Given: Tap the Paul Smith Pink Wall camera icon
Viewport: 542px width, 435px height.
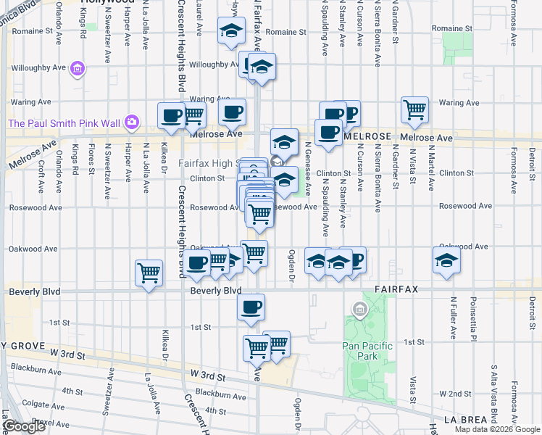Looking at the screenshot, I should pyautogui.click(x=132, y=123).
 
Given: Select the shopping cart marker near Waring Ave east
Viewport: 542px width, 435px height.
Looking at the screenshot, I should pyautogui.click(x=415, y=110).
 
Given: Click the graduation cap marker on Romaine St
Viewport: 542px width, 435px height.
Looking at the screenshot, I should pyautogui.click(x=231, y=31).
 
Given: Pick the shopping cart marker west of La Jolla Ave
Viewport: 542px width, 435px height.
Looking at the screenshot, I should pyautogui.click(x=149, y=273).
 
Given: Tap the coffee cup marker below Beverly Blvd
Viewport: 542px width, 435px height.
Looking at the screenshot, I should pyautogui.click(x=251, y=307).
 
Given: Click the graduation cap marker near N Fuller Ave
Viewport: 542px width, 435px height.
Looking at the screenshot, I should pyautogui.click(x=446, y=261).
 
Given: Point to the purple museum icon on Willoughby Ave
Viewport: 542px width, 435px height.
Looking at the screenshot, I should pyautogui.click(x=77, y=70).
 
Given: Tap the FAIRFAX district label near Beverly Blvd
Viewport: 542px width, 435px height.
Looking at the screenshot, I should pyautogui.click(x=396, y=289).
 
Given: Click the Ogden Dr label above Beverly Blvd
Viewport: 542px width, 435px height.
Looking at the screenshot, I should pyautogui.click(x=292, y=266).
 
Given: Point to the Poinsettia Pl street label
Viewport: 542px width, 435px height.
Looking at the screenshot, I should pyautogui.click(x=473, y=319).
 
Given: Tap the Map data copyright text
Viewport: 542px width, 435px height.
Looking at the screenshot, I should pyautogui.click(x=497, y=429).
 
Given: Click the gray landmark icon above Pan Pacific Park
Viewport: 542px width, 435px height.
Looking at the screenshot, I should pyautogui.click(x=357, y=310).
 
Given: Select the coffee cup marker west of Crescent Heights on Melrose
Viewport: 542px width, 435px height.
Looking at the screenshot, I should pyautogui.click(x=172, y=116).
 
